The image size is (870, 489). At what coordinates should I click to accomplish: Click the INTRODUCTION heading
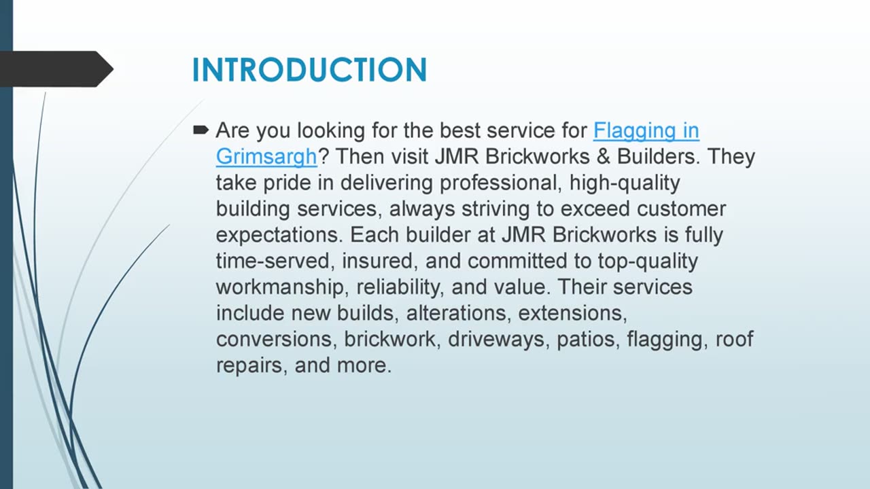click(x=309, y=70)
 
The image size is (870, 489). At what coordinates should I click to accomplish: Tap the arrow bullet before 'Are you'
click(x=201, y=130)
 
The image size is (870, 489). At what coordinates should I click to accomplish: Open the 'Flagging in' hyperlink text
click(x=646, y=131)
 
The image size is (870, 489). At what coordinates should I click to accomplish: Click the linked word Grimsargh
click(x=266, y=157)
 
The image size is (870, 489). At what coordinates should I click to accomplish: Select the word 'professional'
click(x=501, y=183)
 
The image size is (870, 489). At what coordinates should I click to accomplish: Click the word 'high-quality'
click(x=625, y=183)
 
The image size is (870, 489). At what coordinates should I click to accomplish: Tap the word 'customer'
click(x=681, y=209)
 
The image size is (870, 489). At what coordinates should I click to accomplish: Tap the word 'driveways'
click(x=499, y=340)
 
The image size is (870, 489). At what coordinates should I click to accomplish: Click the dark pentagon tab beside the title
click(x=56, y=69)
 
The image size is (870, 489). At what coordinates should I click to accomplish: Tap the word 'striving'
click(x=495, y=209)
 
